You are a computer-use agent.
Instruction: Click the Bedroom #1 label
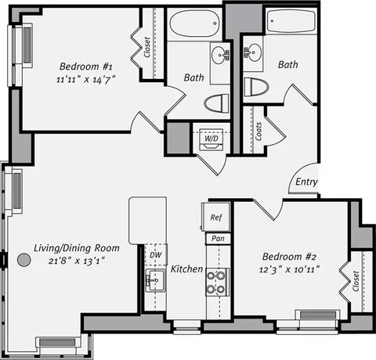point(86,67)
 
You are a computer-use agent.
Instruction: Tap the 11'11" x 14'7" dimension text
point(86,79)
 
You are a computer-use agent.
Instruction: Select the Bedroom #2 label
point(289,257)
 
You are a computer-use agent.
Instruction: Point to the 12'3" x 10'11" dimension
point(289,269)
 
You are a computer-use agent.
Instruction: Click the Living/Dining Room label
point(77,248)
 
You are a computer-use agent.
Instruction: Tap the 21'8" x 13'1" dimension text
point(77,261)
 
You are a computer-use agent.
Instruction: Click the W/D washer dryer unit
point(211,139)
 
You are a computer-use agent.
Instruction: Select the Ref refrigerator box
point(216,217)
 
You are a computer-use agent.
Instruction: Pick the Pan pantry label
point(218,239)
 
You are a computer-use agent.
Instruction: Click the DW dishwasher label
point(156,255)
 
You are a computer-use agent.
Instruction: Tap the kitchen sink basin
point(156,280)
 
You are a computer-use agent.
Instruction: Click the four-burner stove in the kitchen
point(218,282)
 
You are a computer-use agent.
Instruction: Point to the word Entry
point(306,182)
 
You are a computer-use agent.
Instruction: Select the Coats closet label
point(258,131)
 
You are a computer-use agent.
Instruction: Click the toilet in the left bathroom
point(217,103)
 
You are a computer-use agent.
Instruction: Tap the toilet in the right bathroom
point(256,87)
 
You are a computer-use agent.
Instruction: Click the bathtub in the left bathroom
point(194,23)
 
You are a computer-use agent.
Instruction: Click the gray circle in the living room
point(24,260)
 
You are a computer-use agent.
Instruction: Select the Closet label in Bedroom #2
point(356,281)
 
